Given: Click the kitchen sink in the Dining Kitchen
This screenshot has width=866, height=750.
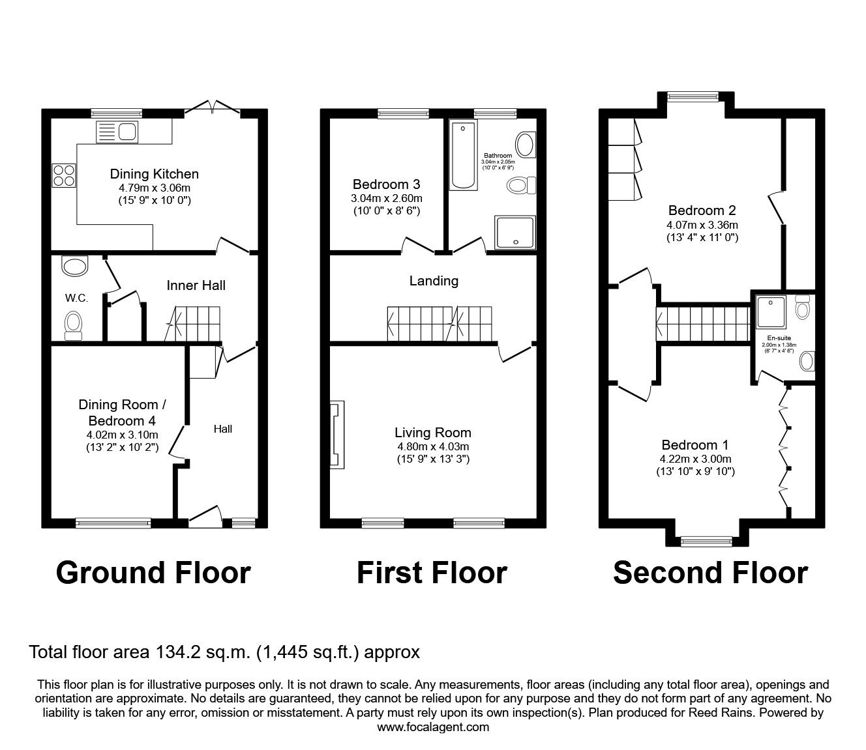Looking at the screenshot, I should pos(116,132).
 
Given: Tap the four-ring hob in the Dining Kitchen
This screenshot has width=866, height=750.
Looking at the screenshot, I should pos(63,174).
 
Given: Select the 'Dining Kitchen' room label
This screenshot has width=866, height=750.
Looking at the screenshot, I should pos(154,174).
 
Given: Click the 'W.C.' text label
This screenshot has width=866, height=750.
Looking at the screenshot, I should pos(76,298).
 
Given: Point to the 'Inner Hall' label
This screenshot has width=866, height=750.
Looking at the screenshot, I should pos(196,285).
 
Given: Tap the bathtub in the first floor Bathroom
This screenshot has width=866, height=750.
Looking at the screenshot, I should pos(464,154).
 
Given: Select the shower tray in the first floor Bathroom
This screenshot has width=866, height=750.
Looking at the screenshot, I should pos(515,233).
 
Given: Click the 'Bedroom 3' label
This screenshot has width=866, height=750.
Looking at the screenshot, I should pos(386,184).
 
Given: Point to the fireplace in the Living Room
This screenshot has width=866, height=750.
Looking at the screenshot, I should pos(337,435).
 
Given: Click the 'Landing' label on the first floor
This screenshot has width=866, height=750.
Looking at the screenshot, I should pos(434,281).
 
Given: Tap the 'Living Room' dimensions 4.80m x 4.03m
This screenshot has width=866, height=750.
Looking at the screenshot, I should pos(433,446).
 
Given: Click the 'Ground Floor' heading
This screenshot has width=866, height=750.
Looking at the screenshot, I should pos(153,573).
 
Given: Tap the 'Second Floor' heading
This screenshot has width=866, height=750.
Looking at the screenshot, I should pos(710,573).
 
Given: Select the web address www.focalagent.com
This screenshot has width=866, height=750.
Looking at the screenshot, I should pos(433,727).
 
